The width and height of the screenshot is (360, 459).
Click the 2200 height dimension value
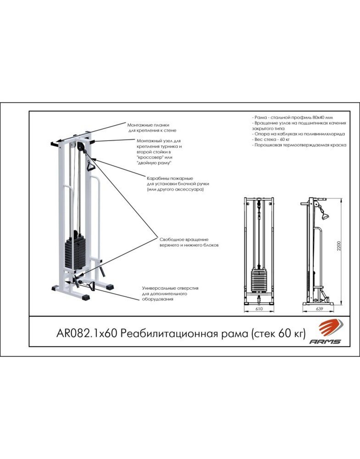coord(338,246)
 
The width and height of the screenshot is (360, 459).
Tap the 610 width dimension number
coord(259,308)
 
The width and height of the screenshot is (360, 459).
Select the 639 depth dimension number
coord(319,308)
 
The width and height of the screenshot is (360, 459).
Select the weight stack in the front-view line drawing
coord(259,280)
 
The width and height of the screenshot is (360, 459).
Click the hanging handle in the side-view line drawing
coord(325,216)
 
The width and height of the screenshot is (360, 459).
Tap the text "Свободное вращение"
coord(184,240)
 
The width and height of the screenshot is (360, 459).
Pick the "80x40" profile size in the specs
coord(315,117)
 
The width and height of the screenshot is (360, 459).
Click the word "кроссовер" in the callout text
coord(150,157)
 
